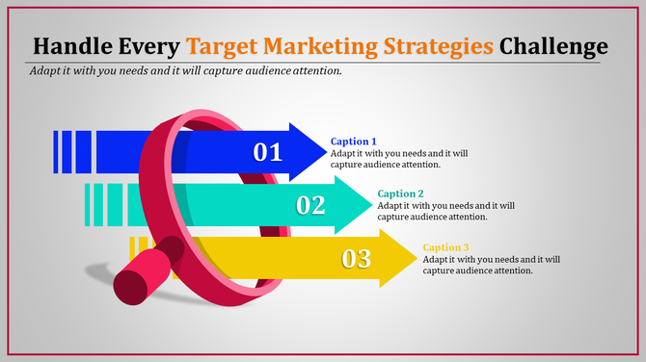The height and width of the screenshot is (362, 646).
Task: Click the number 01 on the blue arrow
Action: point(268,152)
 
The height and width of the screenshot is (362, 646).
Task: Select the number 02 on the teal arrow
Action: point(310,205)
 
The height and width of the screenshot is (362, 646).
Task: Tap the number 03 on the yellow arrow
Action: point(356,258)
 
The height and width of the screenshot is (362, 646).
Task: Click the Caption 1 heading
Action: point(354,142)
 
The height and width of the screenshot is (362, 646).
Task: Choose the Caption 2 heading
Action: point(401,194)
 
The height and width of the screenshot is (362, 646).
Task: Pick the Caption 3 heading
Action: point(446,247)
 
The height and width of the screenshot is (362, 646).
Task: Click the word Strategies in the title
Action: point(444,46)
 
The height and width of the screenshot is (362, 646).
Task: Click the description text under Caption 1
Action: point(399,159)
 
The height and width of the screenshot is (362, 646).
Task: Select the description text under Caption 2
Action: point(445,211)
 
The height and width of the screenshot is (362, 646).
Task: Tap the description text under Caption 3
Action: point(492,265)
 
